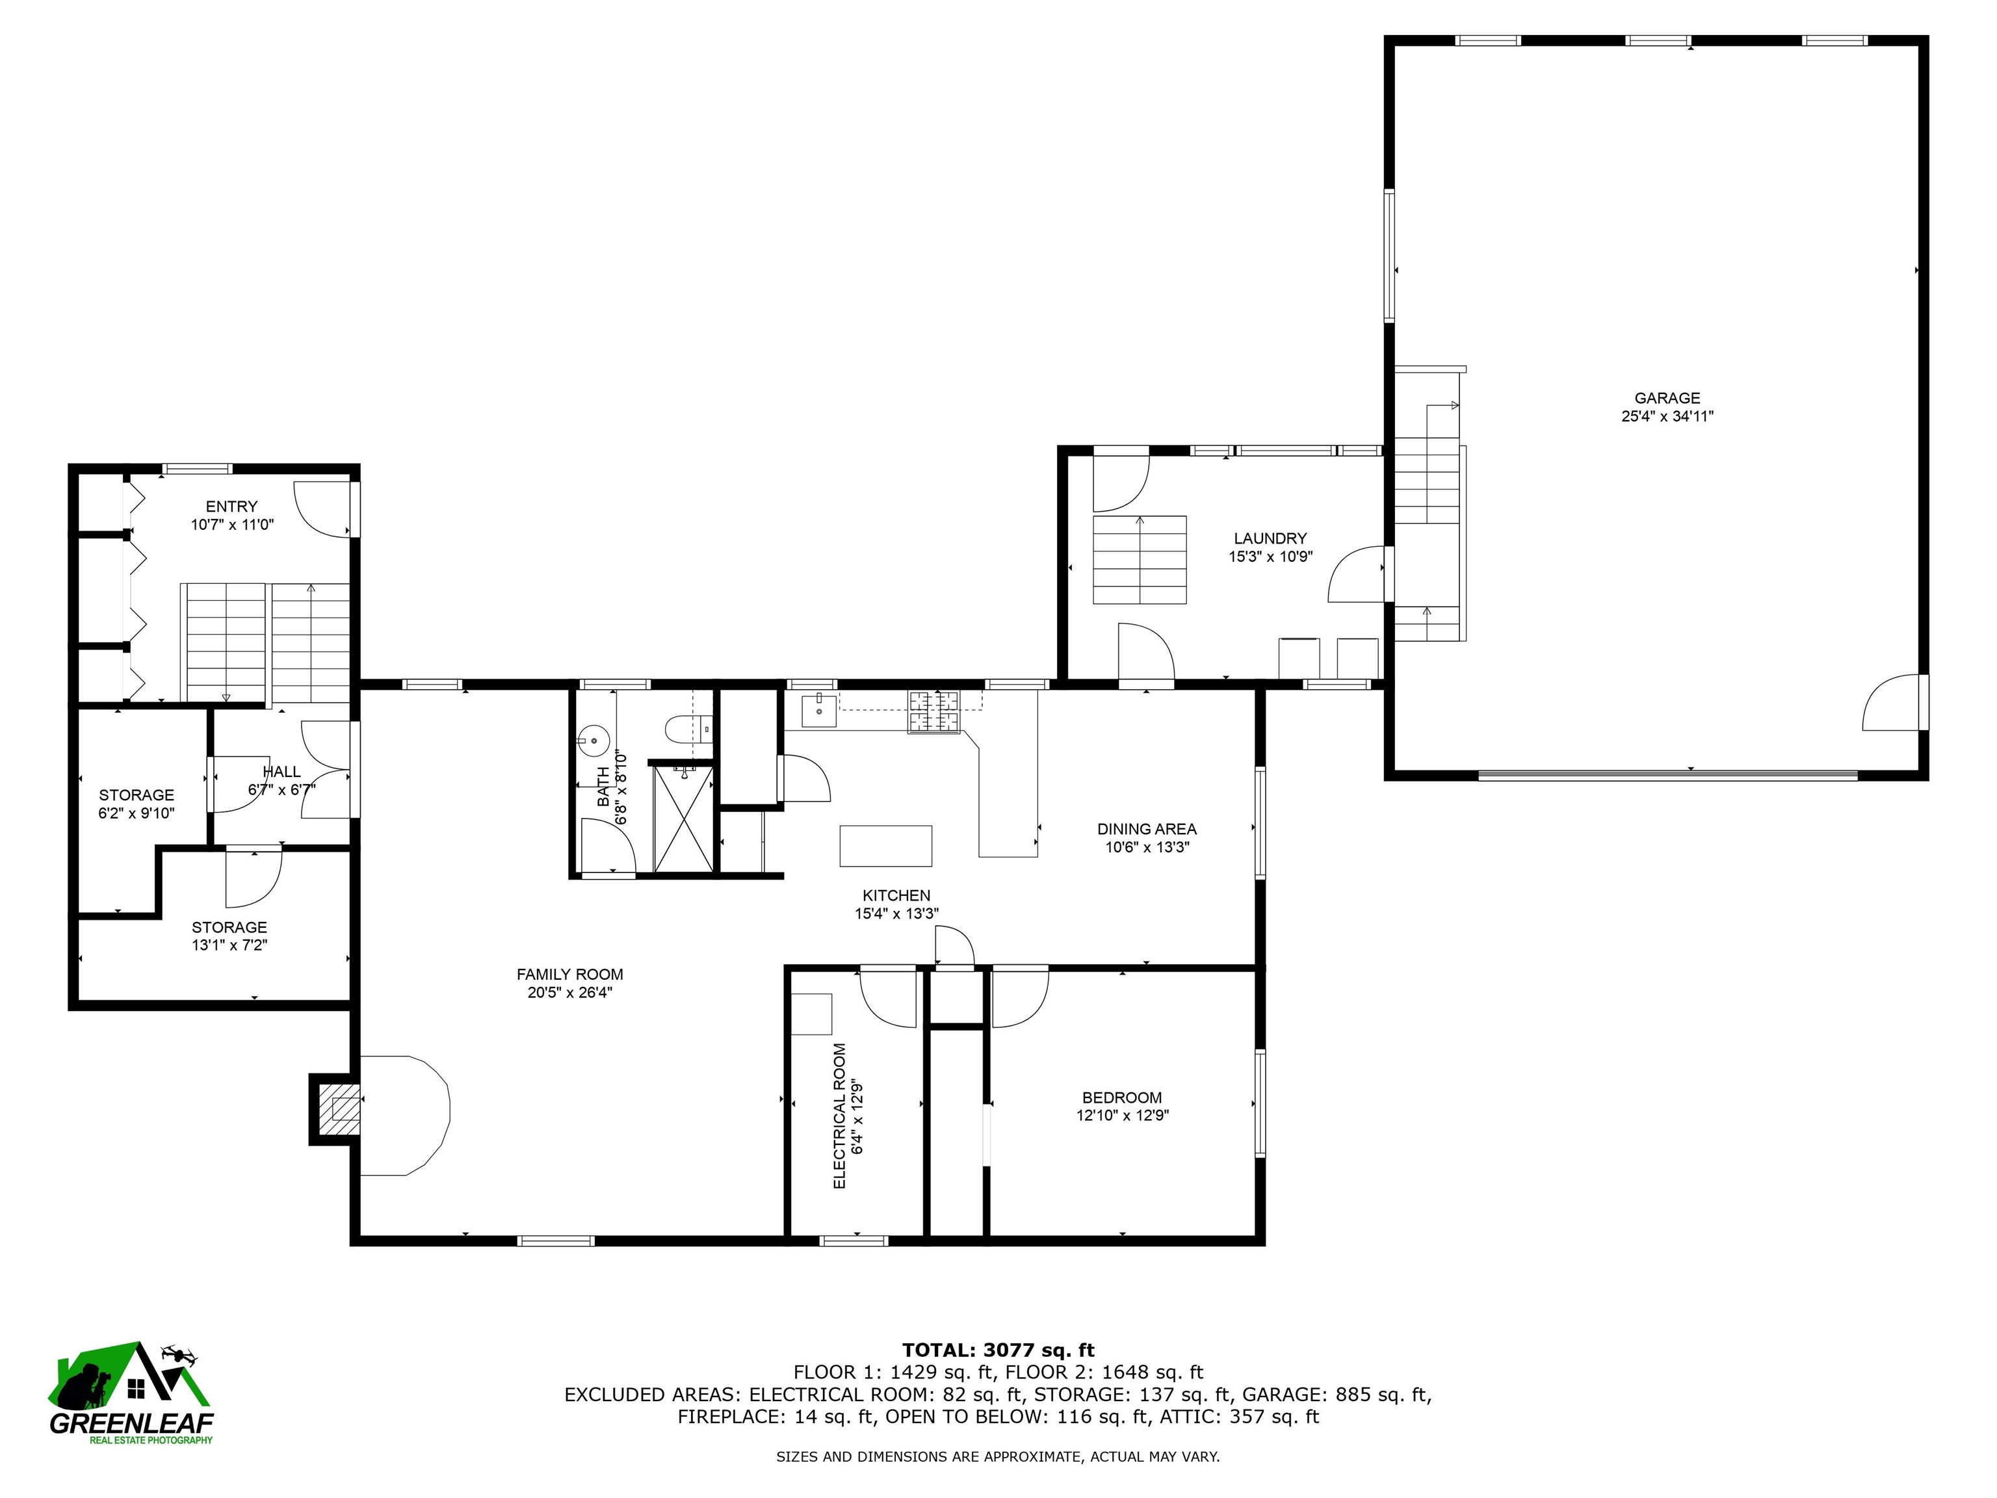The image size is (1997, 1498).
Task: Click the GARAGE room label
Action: (x=1667, y=398)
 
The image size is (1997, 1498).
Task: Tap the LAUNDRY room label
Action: (x=1270, y=538)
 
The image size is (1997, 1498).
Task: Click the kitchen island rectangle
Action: (x=885, y=846)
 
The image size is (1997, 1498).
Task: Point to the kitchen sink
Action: (x=820, y=710)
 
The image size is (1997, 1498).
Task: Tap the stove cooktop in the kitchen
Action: (x=934, y=711)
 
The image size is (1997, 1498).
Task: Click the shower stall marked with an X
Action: (x=683, y=819)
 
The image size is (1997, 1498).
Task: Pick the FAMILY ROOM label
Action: (x=569, y=975)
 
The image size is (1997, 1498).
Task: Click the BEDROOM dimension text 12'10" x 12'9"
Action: (x=1122, y=1115)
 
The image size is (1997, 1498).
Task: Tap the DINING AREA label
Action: (x=1147, y=829)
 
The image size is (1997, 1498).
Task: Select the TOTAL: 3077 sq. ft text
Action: (x=998, y=1351)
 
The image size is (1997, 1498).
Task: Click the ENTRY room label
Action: (x=231, y=506)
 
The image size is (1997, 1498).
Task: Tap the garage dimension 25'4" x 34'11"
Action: (x=1667, y=416)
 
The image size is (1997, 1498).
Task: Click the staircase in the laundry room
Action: (x=1140, y=560)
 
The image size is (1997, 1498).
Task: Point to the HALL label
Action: (x=281, y=772)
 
